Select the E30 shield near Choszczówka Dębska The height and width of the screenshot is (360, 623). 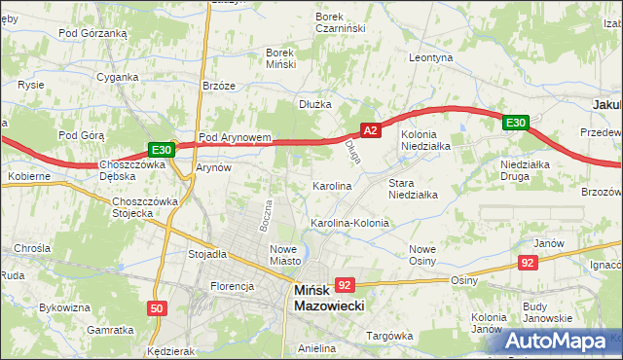pos(162,150)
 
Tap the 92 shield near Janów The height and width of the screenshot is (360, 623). pos(528,263)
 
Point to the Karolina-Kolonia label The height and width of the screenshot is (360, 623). pos(349,223)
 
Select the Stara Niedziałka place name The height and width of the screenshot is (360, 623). pos(413,188)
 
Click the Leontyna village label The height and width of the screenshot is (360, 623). pos(431,58)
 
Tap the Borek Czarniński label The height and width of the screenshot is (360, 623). pos(340,23)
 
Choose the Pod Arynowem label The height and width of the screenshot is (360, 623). pos(234,138)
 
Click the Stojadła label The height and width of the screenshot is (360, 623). pos(206,254)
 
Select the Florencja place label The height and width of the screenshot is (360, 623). pos(232,286)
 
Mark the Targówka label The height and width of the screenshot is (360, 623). pos(389,336)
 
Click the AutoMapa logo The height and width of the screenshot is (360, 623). pos(562,341)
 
